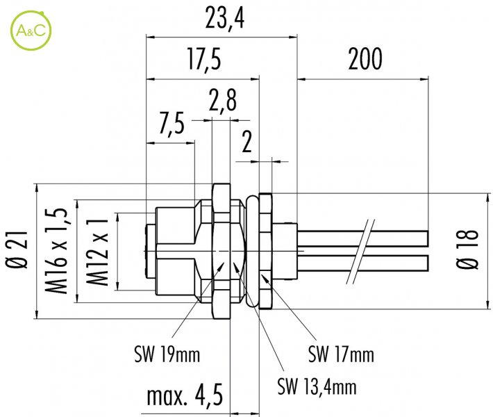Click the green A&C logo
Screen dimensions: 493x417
point(31,31)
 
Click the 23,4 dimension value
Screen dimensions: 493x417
point(225,18)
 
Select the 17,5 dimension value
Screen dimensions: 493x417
point(204,59)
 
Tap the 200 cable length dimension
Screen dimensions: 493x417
point(365,59)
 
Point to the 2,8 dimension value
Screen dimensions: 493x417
point(223,100)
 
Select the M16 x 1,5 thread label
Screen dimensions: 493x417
point(56,251)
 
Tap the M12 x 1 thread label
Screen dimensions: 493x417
point(97,253)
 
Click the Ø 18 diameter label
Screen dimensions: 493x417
point(467,250)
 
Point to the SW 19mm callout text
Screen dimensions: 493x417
point(167,354)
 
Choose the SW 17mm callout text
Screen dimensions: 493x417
point(341,354)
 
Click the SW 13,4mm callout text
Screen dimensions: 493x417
point(317,386)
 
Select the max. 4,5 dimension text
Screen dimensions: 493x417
point(185,395)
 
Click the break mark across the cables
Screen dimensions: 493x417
point(360,251)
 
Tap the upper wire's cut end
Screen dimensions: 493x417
point(428,238)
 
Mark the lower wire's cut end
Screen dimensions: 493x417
point(428,263)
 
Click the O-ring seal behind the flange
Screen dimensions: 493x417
point(252,251)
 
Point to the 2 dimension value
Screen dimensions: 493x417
point(246,142)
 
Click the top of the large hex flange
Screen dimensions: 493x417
point(222,183)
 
